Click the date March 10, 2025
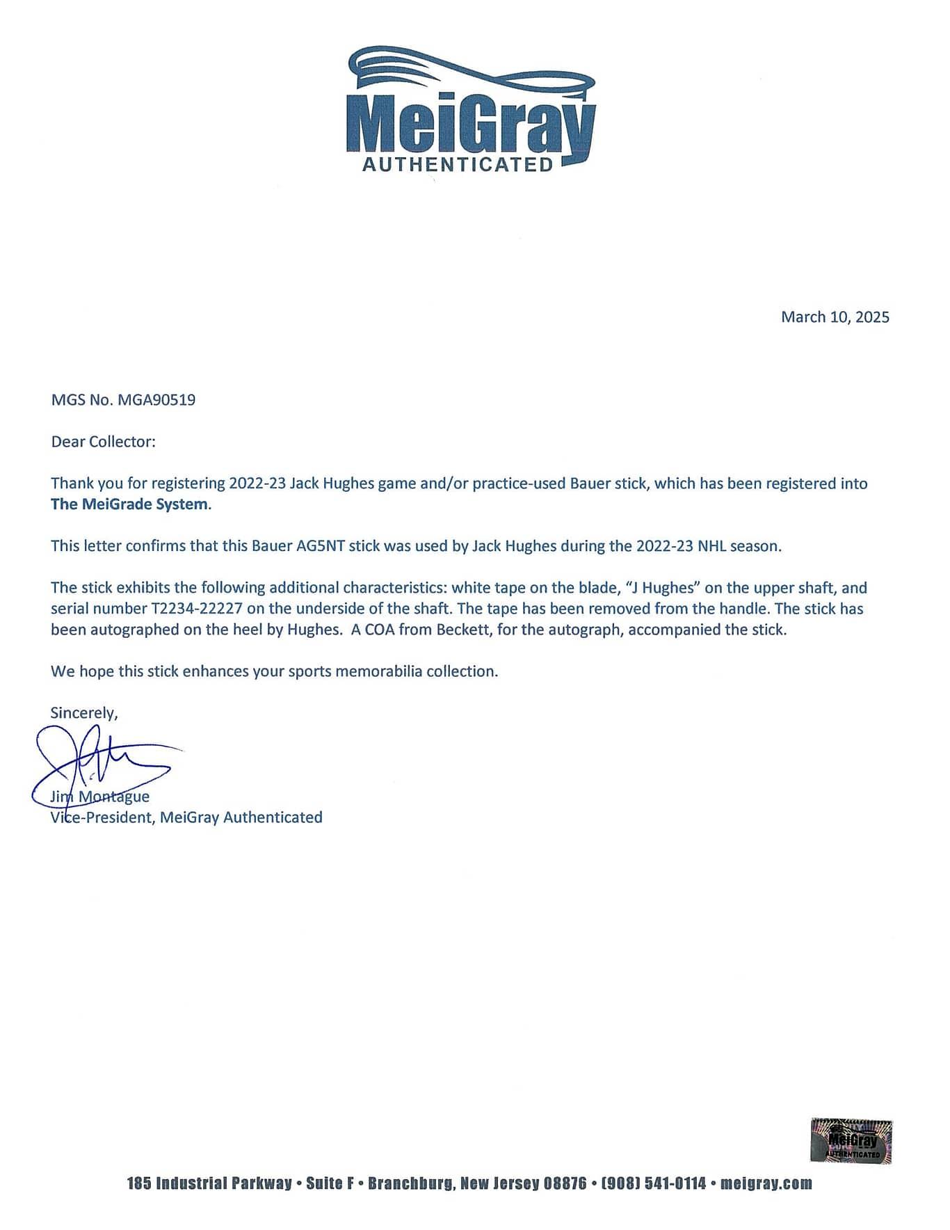[x=835, y=317]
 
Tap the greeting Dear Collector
[x=103, y=442]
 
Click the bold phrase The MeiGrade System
[x=129, y=504]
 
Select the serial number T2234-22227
[x=196, y=609]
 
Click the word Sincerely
[x=84, y=712]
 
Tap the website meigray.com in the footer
[x=766, y=1183]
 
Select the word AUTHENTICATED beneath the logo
[x=458, y=165]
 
